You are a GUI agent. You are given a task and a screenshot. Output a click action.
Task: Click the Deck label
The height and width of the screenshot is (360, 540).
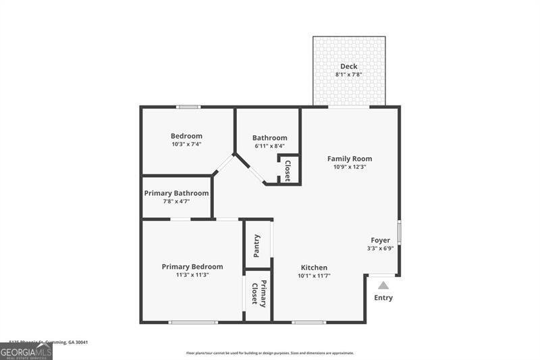(x=348, y=66)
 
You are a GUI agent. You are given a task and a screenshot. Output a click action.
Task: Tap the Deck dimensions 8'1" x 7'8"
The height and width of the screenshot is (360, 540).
(x=348, y=75)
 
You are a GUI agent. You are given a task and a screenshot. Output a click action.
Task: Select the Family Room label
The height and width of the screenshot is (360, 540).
(x=350, y=159)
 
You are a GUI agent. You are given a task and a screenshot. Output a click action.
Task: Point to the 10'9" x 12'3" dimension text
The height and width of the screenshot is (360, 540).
(x=350, y=168)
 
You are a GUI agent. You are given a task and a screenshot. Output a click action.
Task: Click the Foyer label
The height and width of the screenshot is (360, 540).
(x=380, y=240)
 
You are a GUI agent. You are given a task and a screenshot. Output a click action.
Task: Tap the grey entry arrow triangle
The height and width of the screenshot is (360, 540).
(x=383, y=285)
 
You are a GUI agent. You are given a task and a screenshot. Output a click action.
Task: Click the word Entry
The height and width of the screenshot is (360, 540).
(x=383, y=298)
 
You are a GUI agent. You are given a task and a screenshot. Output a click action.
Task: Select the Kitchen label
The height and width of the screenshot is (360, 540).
(x=314, y=267)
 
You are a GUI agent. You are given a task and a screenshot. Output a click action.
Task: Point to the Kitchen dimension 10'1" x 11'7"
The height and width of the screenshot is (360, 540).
(x=314, y=276)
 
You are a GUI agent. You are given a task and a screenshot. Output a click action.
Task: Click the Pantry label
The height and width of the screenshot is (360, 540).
(x=256, y=246)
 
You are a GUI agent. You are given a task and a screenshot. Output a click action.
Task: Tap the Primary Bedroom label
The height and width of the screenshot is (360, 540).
(x=192, y=267)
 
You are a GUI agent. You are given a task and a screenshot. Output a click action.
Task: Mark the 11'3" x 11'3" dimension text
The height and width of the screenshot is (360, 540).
(x=192, y=276)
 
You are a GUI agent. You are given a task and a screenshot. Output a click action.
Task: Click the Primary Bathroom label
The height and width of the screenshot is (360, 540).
(x=176, y=193)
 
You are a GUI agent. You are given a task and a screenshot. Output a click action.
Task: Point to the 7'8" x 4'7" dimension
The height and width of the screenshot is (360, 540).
(x=176, y=202)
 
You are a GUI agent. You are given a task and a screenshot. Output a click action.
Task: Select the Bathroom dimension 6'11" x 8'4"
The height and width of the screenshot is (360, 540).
(x=269, y=146)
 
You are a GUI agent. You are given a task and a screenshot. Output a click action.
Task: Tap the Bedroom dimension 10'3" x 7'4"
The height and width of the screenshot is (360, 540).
(x=186, y=145)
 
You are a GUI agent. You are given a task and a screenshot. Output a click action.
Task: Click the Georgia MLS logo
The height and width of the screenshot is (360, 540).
(x=26, y=351)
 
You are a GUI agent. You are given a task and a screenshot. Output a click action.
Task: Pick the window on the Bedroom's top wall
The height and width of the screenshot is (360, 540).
(x=188, y=107)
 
